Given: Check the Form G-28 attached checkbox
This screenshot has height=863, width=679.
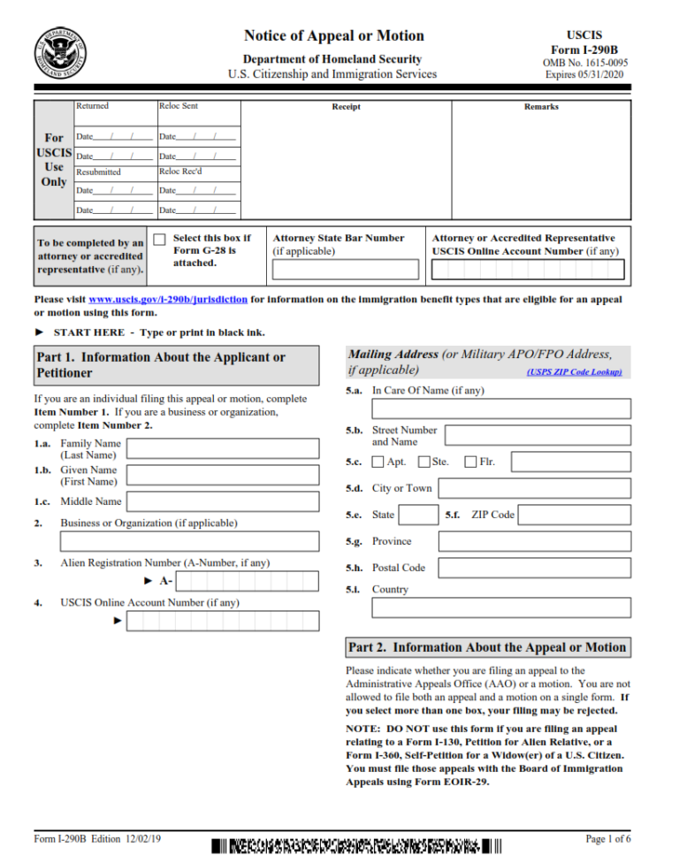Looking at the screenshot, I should click(x=159, y=240).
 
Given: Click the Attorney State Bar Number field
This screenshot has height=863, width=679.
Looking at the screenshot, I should click(x=345, y=270).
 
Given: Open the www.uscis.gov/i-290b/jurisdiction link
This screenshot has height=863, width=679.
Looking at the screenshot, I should click(x=168, y=300).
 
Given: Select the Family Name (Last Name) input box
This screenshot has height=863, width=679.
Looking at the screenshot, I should click(x=223, y=448).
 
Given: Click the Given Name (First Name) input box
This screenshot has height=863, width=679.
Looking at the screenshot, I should click(x=223, y=476).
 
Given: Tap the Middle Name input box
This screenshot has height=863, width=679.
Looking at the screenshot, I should click(x=223, y=501).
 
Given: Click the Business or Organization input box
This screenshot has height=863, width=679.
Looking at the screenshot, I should click(x=177, y=541).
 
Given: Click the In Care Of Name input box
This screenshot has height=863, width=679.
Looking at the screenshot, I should click(x=501, y=409).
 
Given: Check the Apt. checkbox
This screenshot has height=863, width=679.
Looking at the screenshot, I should click(x=378, y=462).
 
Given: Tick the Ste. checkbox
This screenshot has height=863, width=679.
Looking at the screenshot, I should click(x=423, y=462).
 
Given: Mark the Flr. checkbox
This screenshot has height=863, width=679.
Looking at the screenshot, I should click(x=470, y=462).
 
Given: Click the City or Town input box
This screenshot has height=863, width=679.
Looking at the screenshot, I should click(x=534, y=488).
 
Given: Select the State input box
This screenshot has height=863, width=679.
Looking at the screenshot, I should click(x=418, y=515).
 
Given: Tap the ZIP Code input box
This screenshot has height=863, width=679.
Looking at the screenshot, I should click(x=574, y=515).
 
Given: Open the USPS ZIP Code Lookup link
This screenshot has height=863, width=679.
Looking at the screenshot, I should click(x=574, y=372).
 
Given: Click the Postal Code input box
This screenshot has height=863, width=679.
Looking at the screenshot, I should click(x=534, y=568).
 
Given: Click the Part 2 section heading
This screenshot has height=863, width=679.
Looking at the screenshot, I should click(x=487, y=647).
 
